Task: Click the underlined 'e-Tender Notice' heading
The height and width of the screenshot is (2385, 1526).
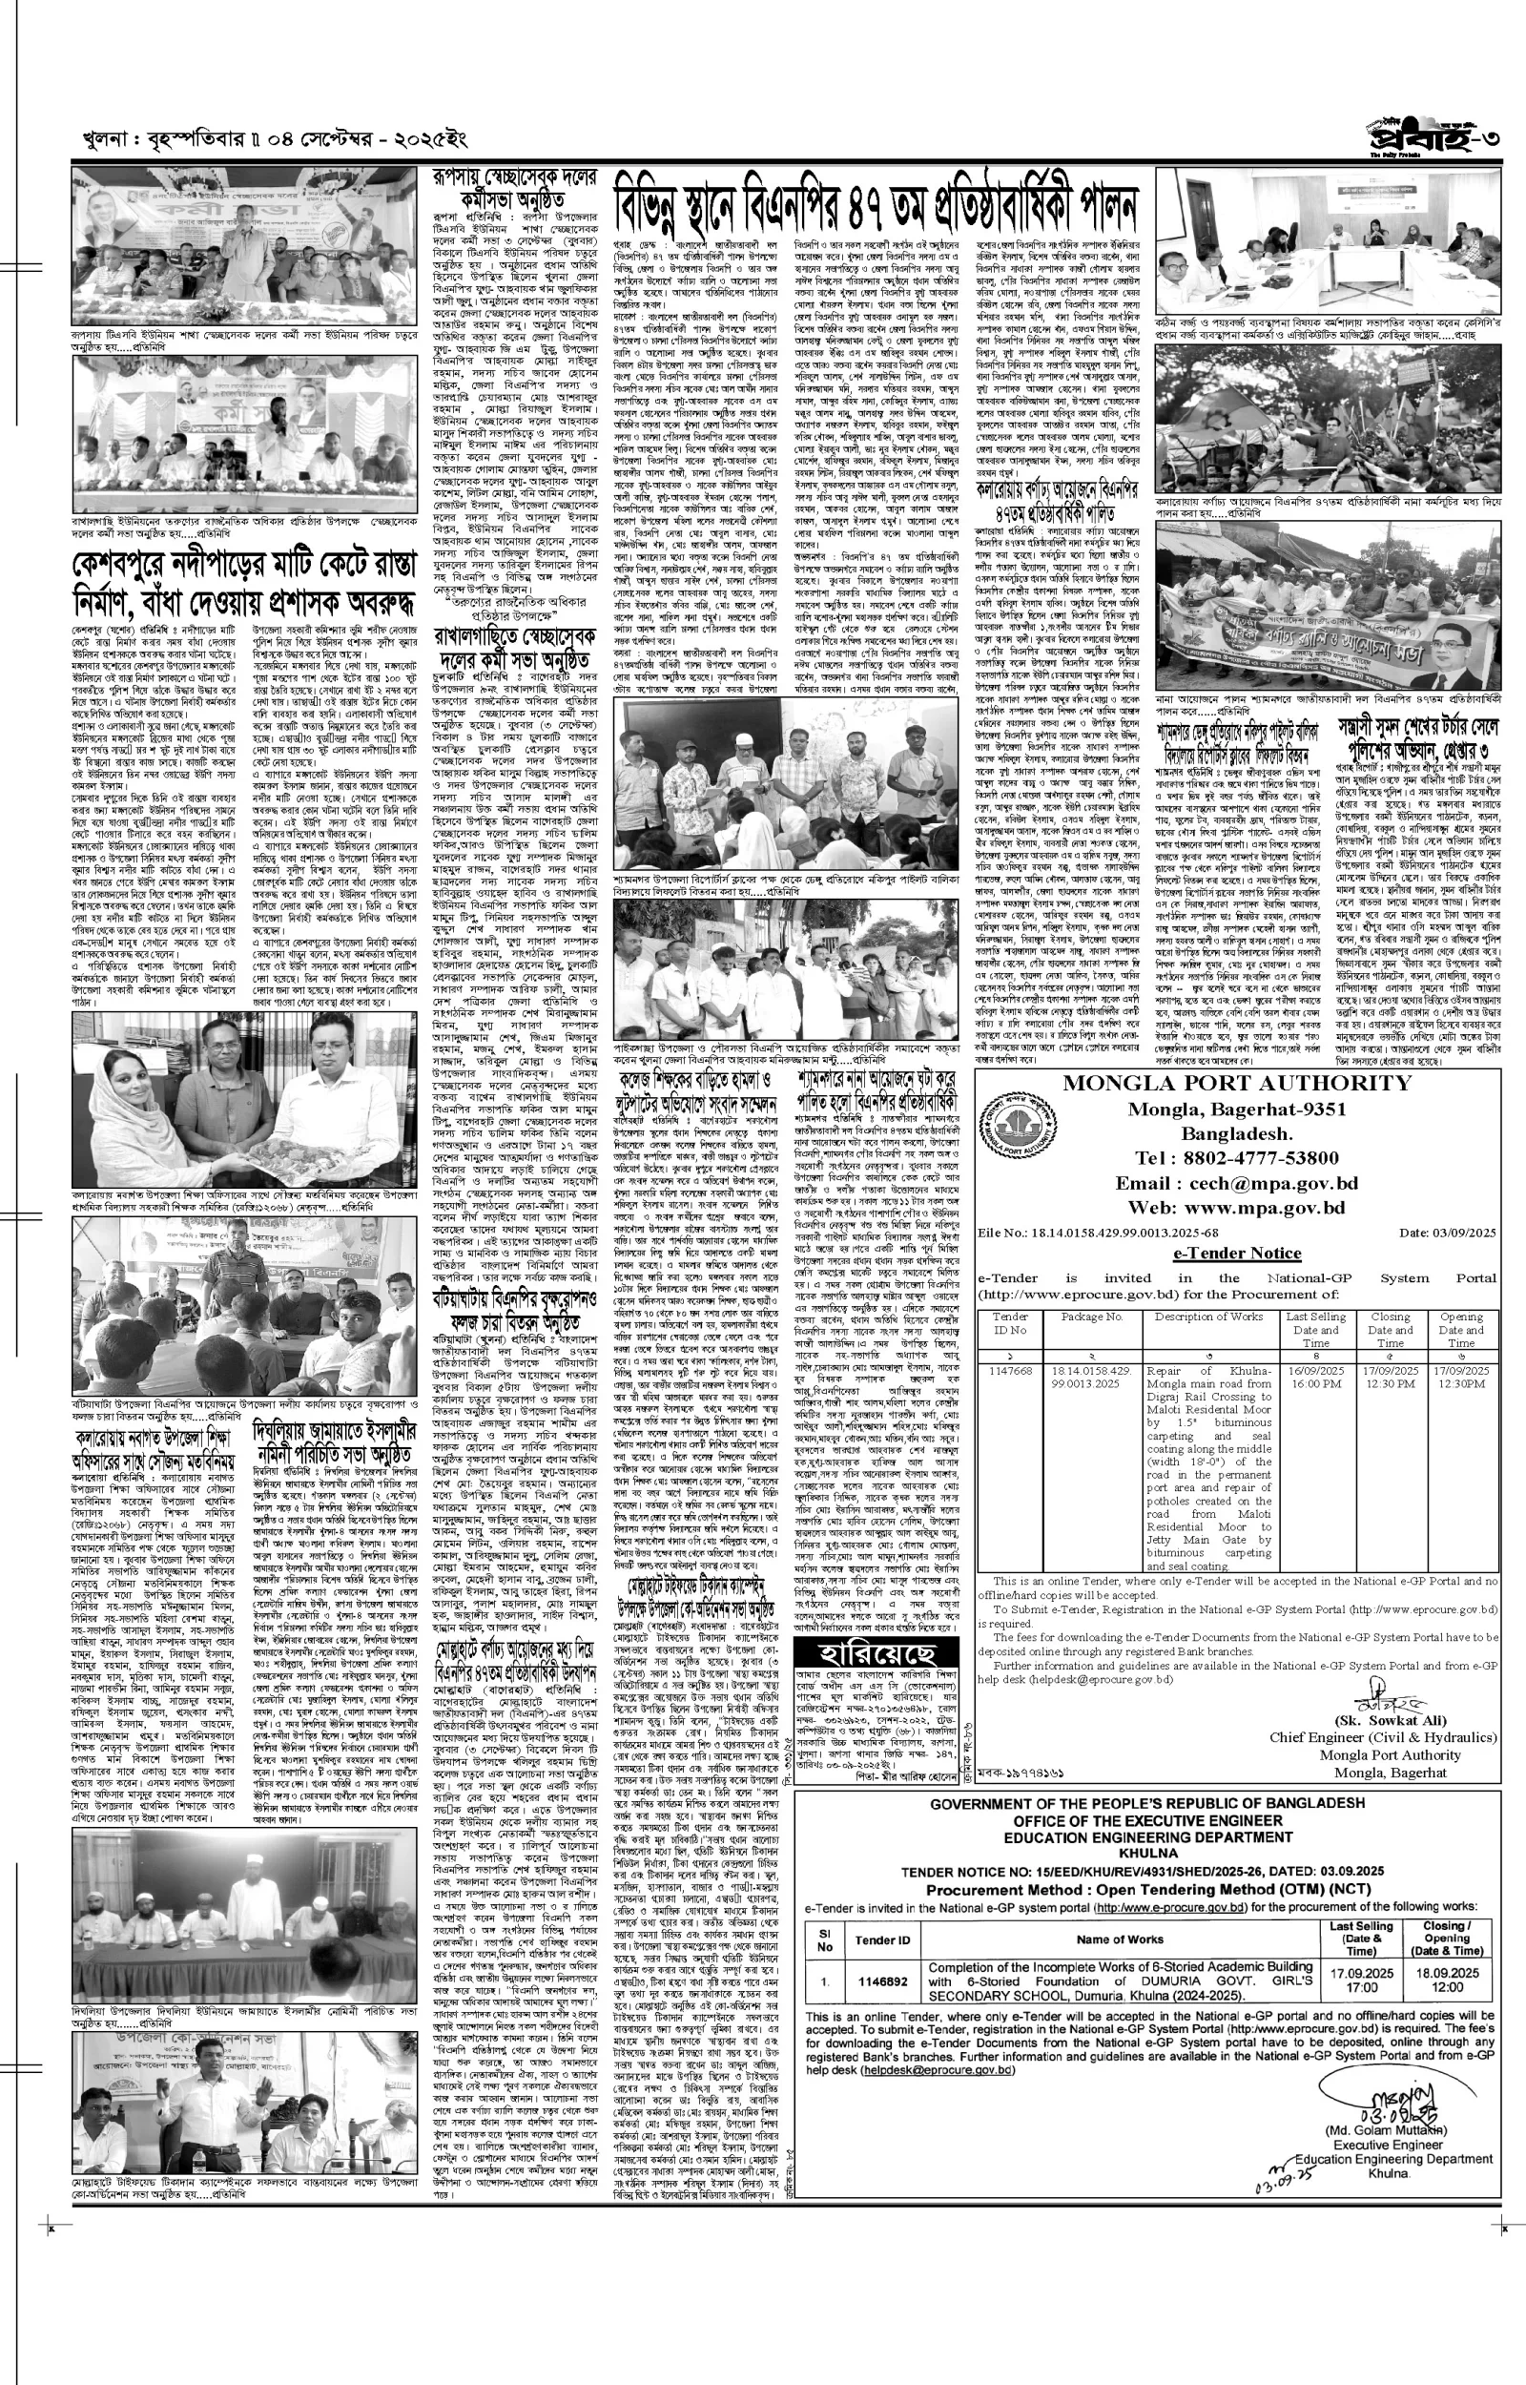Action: (x=1237, y=1254)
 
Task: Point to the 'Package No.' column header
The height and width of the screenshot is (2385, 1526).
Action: (x=1091, y=1317)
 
